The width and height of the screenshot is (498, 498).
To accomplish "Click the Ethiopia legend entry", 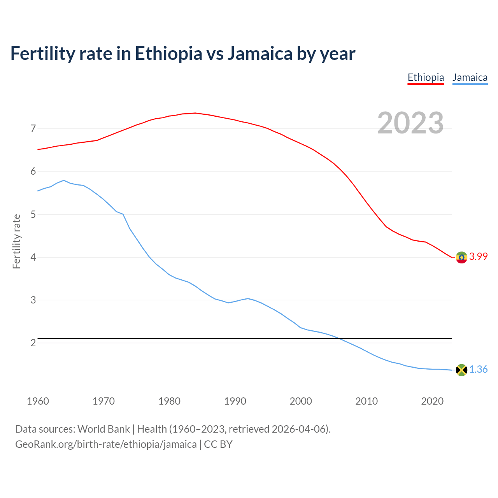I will click(x=426, y=77).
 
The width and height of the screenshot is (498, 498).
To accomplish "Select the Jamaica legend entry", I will click(x=470, y=77).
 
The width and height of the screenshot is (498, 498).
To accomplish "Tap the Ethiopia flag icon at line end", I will click(x=461, y=257).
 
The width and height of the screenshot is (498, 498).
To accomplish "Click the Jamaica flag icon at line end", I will click(x=461, y=370).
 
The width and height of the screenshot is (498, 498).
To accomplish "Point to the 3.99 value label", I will click(x=478, y=256).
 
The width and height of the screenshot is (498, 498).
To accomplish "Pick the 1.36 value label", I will click(x=478, y=369).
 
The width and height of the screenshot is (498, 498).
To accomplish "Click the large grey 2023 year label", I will click(x=410, y=123).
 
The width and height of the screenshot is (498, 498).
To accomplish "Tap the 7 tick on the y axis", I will click(x=33, y=128).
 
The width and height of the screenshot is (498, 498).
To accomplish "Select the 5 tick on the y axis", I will click(x=33, y=214).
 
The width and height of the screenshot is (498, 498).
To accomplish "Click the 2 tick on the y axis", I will click(x=33, y=343).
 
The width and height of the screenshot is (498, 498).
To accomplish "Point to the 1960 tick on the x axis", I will click(x=38, y=401).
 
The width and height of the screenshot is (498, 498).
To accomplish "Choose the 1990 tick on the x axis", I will click(x=235, y=401).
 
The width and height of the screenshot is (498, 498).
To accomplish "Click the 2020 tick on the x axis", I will click(x=432, y=401).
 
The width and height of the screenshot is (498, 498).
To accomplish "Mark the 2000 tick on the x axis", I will click(x=301, y=401).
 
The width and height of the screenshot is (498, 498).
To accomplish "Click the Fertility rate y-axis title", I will click(x=16, y=241).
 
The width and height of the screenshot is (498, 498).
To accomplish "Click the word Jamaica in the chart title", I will click(x=260, y=53).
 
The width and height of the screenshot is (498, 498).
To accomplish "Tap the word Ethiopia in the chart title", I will click(x=168, y=53).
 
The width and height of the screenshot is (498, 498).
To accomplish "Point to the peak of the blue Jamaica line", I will click(x=64, y=180).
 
